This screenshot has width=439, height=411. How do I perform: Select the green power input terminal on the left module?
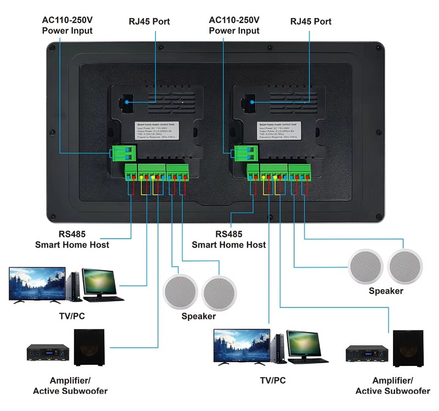click(125, 153)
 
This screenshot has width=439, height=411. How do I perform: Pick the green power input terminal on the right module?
click(245, 153)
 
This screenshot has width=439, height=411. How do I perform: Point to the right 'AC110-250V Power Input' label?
click(234, 26)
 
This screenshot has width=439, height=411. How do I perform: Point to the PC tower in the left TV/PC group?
click(75, 286)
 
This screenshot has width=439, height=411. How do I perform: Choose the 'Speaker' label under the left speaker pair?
click(199, 317)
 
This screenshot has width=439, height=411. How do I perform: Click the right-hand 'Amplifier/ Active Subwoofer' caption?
click(392, 386)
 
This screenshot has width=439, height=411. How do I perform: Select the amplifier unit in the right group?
click(367, 355)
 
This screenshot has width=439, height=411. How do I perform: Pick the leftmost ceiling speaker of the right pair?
click(366, 266)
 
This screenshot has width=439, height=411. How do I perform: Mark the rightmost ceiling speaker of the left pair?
click(219, 291)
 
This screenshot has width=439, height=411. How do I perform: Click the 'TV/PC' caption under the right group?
click(273, 380)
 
